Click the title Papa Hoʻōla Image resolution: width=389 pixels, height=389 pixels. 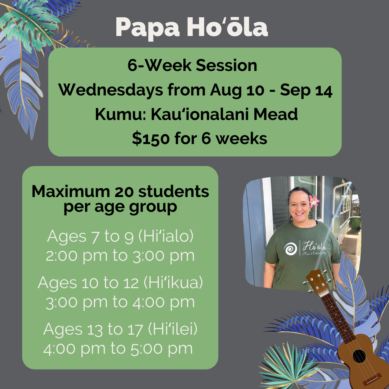pos(192,27)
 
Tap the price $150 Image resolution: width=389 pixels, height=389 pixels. pos(151,138)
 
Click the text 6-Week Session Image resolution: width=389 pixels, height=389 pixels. pos(192,66)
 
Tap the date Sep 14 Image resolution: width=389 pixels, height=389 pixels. pos(306,90)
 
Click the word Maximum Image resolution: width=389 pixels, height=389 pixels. pos(71,192)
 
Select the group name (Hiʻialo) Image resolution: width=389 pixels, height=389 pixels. pos(166,236)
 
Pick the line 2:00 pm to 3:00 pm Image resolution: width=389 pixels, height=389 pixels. pos(120,255)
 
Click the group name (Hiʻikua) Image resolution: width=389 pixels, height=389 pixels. pos(173,283)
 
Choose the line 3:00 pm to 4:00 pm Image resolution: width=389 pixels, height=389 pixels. pos(120,302)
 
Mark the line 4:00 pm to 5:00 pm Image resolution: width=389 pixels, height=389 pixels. pos(118,349)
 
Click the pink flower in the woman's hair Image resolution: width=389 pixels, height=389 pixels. pos(314,201)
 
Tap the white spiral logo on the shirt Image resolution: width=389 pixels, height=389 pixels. pos(290,249)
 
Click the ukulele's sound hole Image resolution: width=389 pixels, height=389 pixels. pos(359,356)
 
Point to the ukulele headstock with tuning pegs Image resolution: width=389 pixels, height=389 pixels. pos(317,282)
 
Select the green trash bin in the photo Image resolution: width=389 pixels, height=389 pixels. pos(356,223)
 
